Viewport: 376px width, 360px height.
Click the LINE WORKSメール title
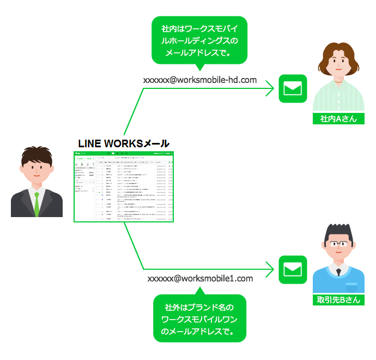click(124, 143)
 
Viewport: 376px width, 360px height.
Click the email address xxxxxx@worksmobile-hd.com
click(199, 80)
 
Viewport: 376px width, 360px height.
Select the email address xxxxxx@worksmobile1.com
click(200, 278)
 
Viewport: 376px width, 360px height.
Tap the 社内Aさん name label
click(338, 118)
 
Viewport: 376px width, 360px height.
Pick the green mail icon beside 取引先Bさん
click(293, 269)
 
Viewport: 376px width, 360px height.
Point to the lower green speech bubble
click(200, 319)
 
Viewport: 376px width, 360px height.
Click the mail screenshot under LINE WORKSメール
click(124, 187)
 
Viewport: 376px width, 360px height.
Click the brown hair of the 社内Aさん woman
click(338, 51)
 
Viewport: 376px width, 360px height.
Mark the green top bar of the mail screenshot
click(124, 154)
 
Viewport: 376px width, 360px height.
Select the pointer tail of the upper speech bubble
click(199, 67)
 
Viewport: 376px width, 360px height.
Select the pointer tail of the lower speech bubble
click(199, 291)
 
